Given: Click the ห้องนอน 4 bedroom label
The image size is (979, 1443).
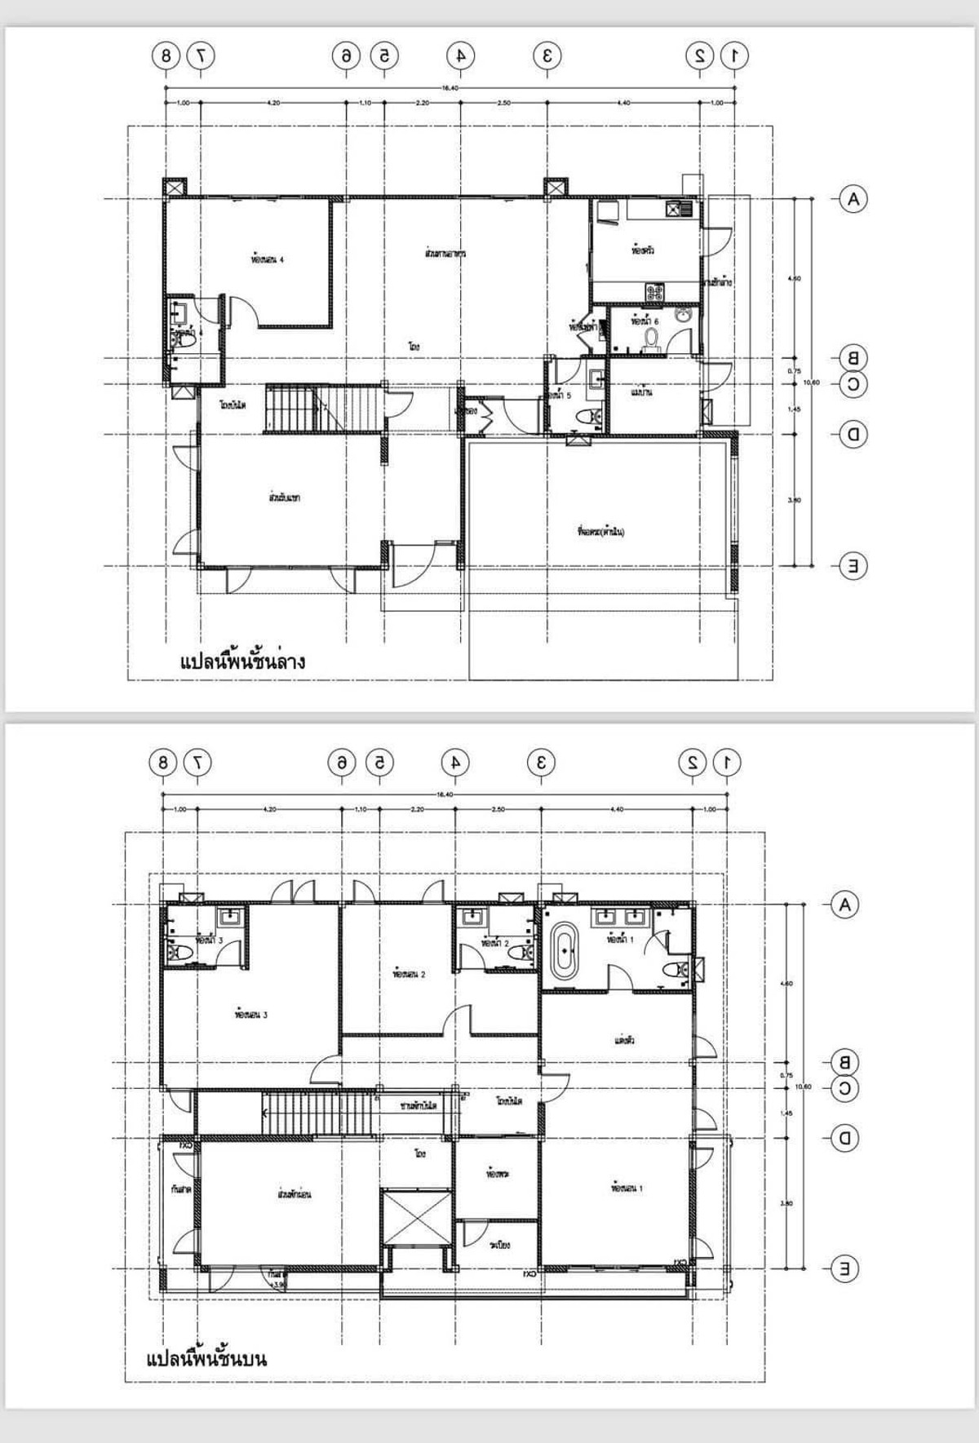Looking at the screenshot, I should click(268, 260).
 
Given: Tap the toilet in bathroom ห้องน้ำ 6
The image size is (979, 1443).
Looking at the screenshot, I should click(651, 337).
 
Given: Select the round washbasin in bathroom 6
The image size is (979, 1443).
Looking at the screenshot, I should click(684, 316).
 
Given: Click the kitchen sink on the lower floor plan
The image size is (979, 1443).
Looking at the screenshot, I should click(679, 209).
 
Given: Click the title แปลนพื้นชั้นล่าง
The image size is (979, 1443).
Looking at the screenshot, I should click(242, 661).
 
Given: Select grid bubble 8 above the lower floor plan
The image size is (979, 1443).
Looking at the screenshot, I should click(166, 55).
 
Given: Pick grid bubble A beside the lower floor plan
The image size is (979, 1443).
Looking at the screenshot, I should click(853, 199).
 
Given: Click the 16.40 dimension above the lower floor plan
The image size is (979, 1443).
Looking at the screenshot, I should click(450, 88).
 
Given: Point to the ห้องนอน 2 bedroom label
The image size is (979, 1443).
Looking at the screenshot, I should click(409, 974).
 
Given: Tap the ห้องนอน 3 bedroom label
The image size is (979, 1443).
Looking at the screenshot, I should click(250, 1016).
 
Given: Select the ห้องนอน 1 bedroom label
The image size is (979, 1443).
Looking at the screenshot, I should click(627, 1188).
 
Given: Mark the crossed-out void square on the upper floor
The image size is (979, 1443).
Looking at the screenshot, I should click(416, 1217).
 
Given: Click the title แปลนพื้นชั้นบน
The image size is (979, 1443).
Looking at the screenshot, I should click(206, 1359).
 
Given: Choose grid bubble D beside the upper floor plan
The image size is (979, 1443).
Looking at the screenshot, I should click(844, 1138).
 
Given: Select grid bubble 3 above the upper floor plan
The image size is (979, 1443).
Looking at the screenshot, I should click(540, 763).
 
